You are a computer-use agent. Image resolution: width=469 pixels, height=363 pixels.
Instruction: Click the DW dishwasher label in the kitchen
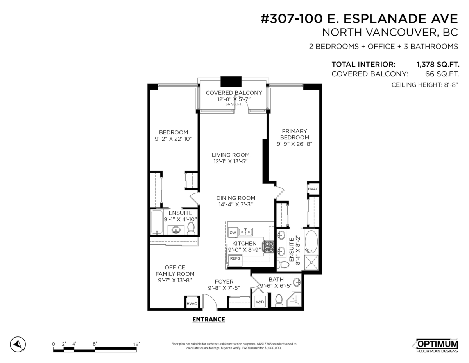point(233,232)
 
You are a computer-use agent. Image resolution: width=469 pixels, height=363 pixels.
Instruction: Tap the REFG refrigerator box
point(235,258)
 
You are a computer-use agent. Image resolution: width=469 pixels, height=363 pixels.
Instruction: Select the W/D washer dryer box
point(260,302)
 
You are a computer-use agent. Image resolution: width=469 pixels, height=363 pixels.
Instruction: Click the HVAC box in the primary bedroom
point(313,189)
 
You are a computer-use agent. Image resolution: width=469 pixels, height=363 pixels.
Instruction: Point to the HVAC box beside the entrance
point(192,303)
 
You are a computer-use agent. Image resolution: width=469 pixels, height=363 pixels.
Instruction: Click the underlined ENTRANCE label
point(209,320)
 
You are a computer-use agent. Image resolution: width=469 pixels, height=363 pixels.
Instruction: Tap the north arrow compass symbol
point(17,344)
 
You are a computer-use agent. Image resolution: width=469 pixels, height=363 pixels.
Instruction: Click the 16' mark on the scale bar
point(136,344)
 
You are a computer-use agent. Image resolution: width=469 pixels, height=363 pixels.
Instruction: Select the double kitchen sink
point(246,232)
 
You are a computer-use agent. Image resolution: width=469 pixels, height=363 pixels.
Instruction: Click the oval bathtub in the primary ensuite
point(311,242)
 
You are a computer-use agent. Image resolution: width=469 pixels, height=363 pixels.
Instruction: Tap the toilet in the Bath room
point(279,300)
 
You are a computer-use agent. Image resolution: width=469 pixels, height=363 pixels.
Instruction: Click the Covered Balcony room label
point(234,93)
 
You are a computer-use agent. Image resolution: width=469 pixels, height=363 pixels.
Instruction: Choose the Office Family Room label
point(175,271)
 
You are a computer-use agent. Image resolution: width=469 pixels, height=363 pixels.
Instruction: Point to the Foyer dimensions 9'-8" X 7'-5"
point(224,288)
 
